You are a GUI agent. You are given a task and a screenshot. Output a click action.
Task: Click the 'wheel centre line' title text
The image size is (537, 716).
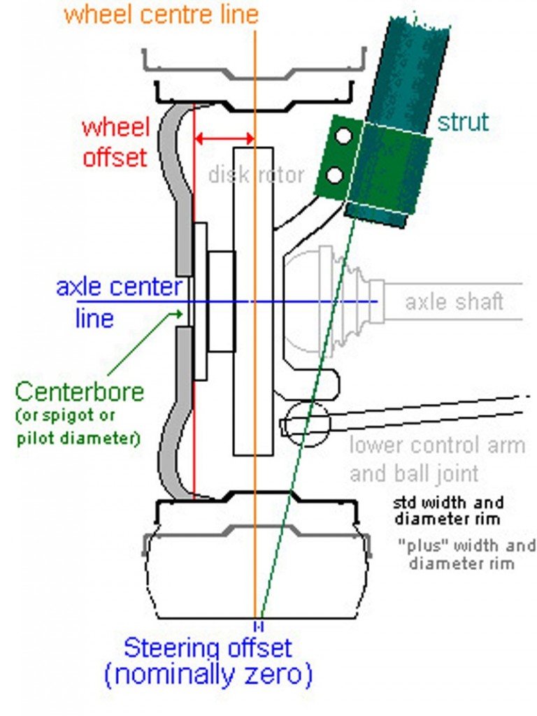161,14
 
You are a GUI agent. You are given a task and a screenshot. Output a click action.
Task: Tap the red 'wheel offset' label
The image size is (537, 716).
116,143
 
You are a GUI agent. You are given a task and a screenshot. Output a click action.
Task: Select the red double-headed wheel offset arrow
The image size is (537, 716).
224,138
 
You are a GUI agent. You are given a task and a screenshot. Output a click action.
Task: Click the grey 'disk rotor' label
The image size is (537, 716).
256,174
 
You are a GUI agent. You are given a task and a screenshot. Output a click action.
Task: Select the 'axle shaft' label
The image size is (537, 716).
454,302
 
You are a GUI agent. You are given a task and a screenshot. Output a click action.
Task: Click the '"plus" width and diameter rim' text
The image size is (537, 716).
466,554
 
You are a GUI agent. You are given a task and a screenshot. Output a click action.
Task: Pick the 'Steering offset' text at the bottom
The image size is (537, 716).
207,647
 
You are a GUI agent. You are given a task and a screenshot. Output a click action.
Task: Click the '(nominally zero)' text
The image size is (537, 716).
207,675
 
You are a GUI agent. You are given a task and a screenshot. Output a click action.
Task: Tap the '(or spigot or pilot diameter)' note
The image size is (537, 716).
77,427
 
